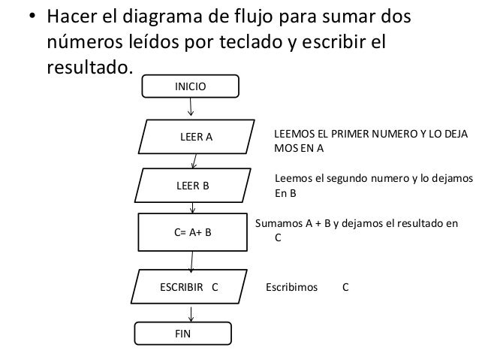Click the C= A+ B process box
(x=192, y=233)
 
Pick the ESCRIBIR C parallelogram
(x=189, y=287)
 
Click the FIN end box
(x=183, y=332)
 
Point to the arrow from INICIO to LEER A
(x=191, y=108)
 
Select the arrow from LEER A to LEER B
(x=195, y=159)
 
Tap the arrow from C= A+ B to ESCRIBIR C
(x=193, y=262)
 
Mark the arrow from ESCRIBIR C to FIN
(x=191, y=313)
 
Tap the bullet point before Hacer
(x=32, y=17)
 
